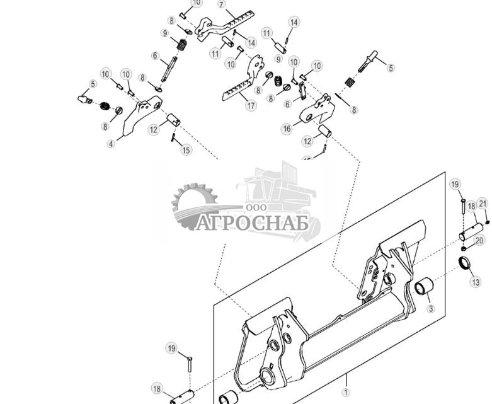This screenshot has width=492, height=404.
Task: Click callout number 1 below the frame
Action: tap(345, 391)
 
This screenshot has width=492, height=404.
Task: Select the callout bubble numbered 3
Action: tap(431, 309)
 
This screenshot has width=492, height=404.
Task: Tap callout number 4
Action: tap(111, 144)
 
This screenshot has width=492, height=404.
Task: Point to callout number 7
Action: tap(222, 4)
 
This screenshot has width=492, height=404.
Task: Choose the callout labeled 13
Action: tap(475, 282)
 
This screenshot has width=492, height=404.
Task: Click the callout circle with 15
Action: tap(186, 150)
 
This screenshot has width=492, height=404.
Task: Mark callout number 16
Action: tap(287, 129)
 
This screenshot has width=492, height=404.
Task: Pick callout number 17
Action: tap(251, 105)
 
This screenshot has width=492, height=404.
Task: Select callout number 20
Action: tap(479, 240)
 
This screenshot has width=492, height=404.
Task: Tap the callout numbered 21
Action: tap(483, 203)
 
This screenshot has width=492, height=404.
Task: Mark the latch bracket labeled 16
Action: tap(318, 111)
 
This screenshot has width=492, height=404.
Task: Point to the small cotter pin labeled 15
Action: tap(172, 138)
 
